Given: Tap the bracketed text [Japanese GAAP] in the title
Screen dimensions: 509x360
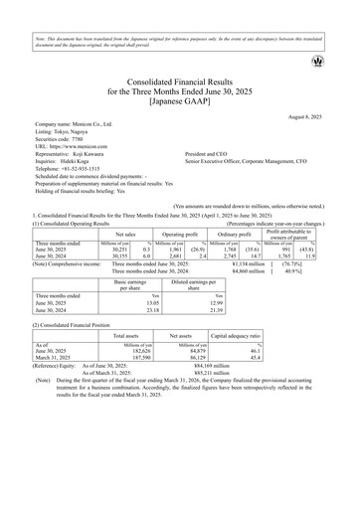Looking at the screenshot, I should [x=180, y=102].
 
